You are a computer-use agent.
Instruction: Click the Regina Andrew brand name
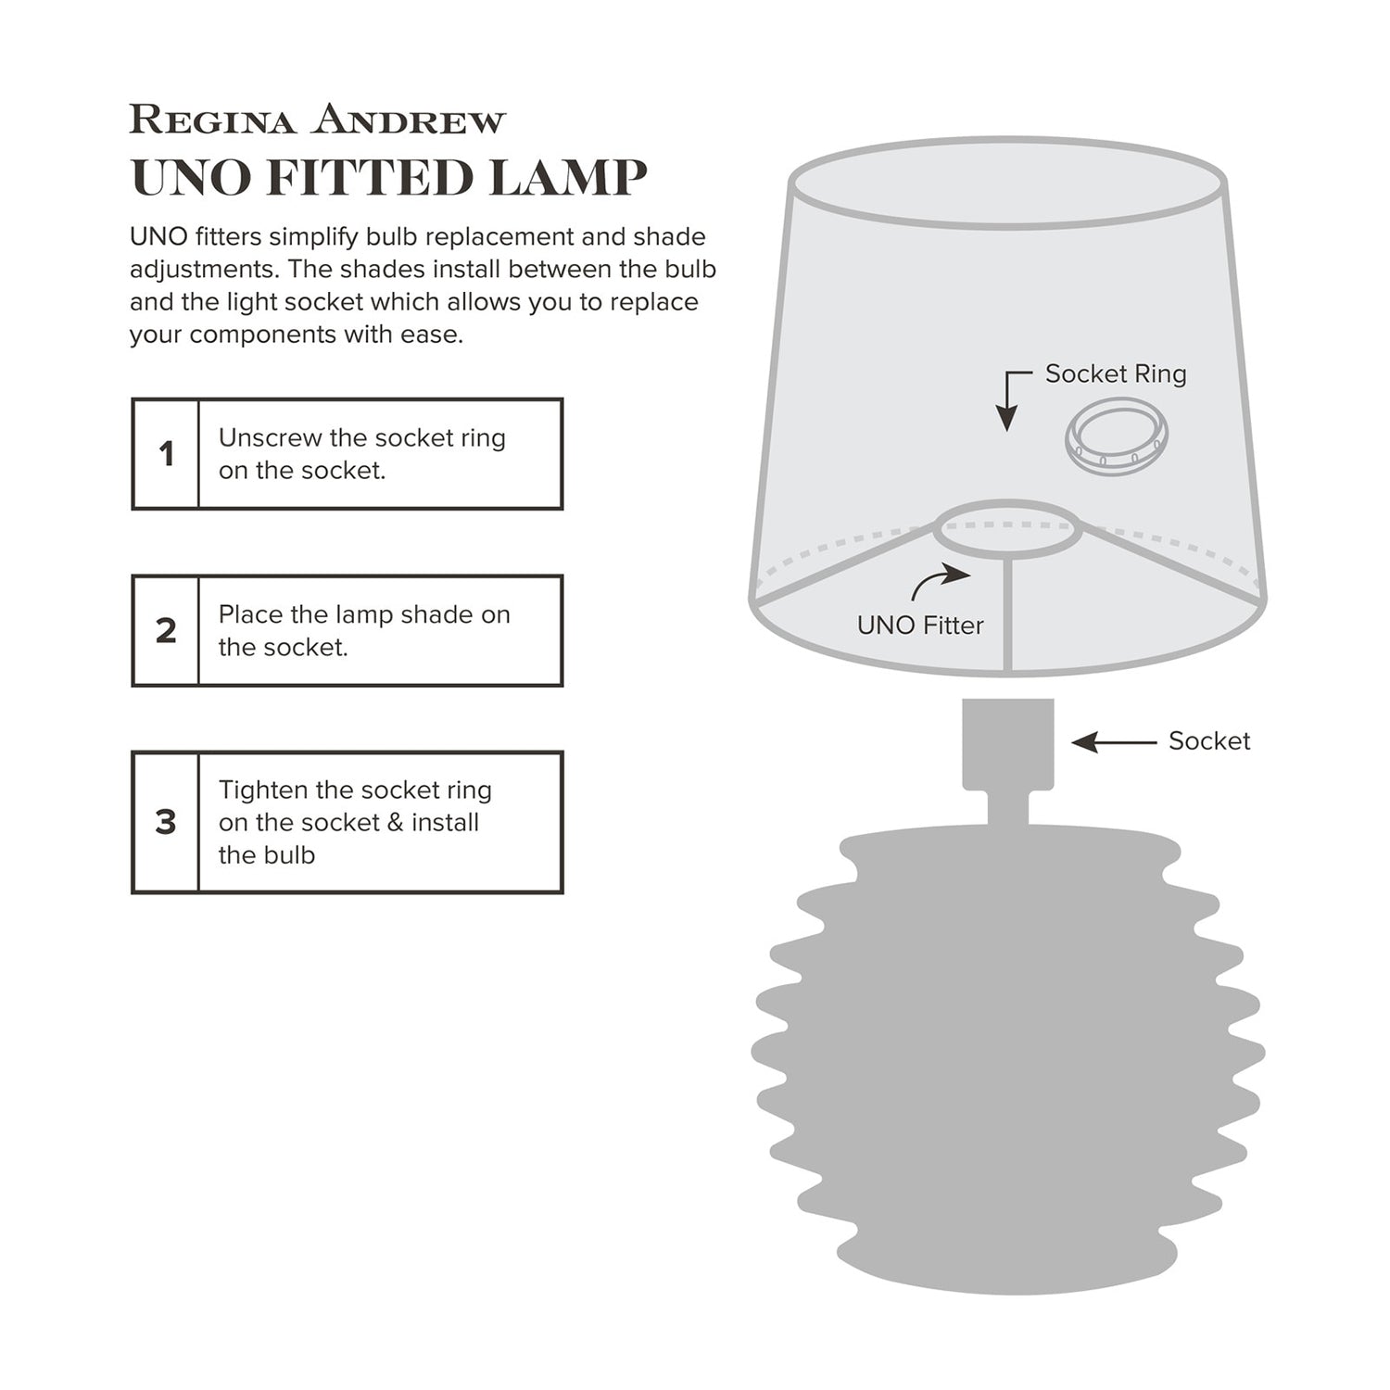[318, 120]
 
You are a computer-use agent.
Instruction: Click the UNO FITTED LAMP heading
[388, 177]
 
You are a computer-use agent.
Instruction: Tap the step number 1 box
[166, 454]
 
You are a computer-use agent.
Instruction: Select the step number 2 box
[166, 631]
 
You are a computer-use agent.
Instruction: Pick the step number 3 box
[166, 822]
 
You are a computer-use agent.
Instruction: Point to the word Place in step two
[250, 614]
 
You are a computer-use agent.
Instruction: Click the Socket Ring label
[1115, 373]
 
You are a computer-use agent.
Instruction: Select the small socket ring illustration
[1116, 437]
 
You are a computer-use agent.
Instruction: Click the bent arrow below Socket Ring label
[1012, 398]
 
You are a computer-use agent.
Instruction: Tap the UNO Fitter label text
[919, 625]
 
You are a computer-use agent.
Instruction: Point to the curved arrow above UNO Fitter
[940, 584]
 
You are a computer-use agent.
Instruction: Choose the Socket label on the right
[1208, 740]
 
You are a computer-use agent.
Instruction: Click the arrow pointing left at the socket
[1113, 742]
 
